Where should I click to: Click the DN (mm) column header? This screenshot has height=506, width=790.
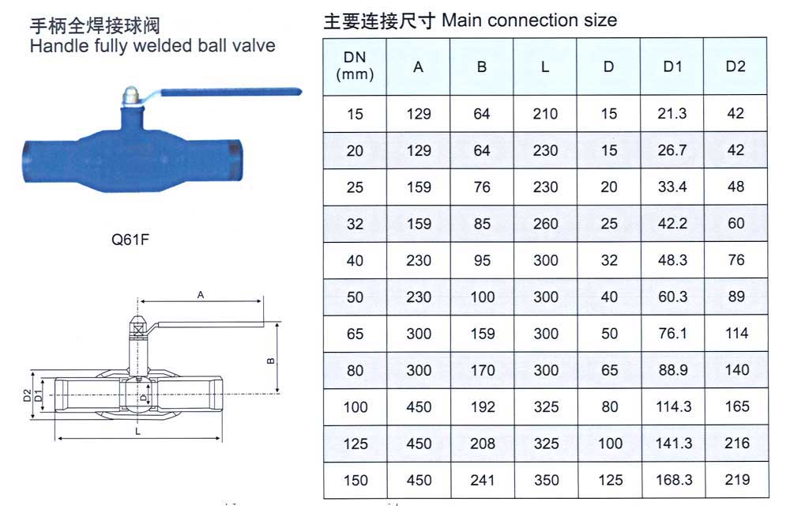click(355, 66)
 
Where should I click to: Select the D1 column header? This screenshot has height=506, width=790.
click(672, 66)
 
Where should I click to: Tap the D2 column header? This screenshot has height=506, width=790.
click(735, 66)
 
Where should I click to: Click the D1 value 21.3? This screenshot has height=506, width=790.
click(672, 113)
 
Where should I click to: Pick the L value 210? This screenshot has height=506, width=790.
click(545, 113)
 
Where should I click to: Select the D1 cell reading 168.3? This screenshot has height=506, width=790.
click(674, 480)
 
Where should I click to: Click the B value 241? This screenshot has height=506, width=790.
click(482, 480)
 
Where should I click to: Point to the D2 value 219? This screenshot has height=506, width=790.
click(737, 480)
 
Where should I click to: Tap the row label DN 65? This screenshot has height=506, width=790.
click(355, 334)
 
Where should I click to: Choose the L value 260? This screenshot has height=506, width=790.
click(546, 223)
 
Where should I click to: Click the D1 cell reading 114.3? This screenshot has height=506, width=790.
click(674, 406)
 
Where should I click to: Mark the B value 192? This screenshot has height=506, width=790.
click(483, 406)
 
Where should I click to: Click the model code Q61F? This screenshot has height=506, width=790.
click(130, 239)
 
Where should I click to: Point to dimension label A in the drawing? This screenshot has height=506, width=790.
click(201, 295)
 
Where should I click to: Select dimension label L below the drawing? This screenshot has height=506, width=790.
click(137, 432)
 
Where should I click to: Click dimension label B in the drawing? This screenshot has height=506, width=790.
click(270, 361)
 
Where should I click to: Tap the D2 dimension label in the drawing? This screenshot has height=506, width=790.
click(27, 395)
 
